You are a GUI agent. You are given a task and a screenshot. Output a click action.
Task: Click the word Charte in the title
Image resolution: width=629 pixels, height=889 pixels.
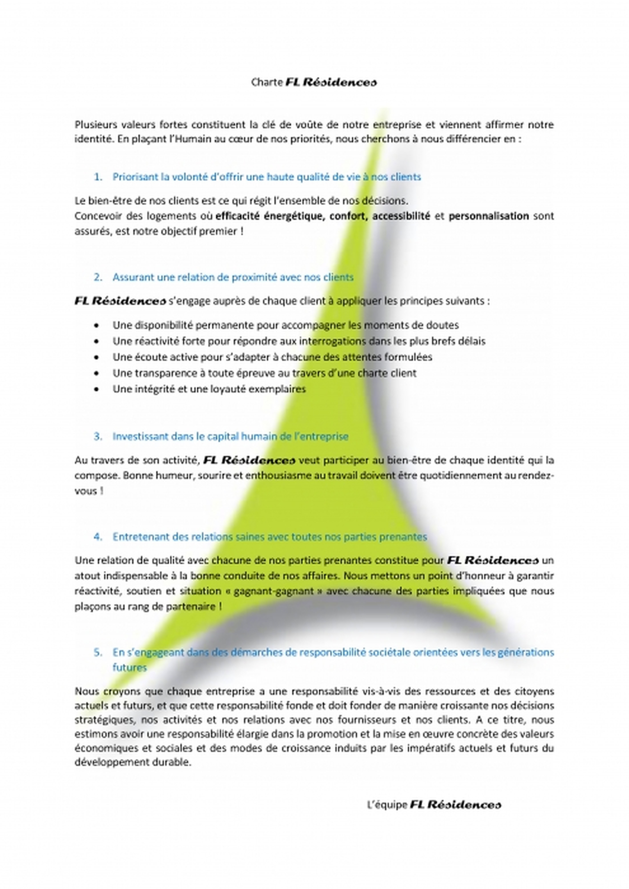click(x=267, y=82)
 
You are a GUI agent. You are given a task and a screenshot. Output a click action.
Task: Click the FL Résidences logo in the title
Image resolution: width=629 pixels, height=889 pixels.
click(x=331, y=82)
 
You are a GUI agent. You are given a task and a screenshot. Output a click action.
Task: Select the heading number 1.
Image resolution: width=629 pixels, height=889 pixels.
click(x=98, y=177)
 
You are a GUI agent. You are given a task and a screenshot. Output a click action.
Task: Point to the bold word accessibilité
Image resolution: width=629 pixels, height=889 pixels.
click(x=401, y=216)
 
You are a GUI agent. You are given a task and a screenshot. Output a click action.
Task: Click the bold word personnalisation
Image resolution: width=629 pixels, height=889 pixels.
click(x=488, y=216)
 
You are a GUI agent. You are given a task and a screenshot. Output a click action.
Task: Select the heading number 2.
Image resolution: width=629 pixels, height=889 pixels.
click(x=98, y=277)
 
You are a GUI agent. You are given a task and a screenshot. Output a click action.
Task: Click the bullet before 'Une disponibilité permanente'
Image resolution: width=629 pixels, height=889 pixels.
click(x=97, y=325)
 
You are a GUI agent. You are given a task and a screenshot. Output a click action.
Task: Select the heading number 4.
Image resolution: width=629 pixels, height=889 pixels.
click(x=98, y=537)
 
